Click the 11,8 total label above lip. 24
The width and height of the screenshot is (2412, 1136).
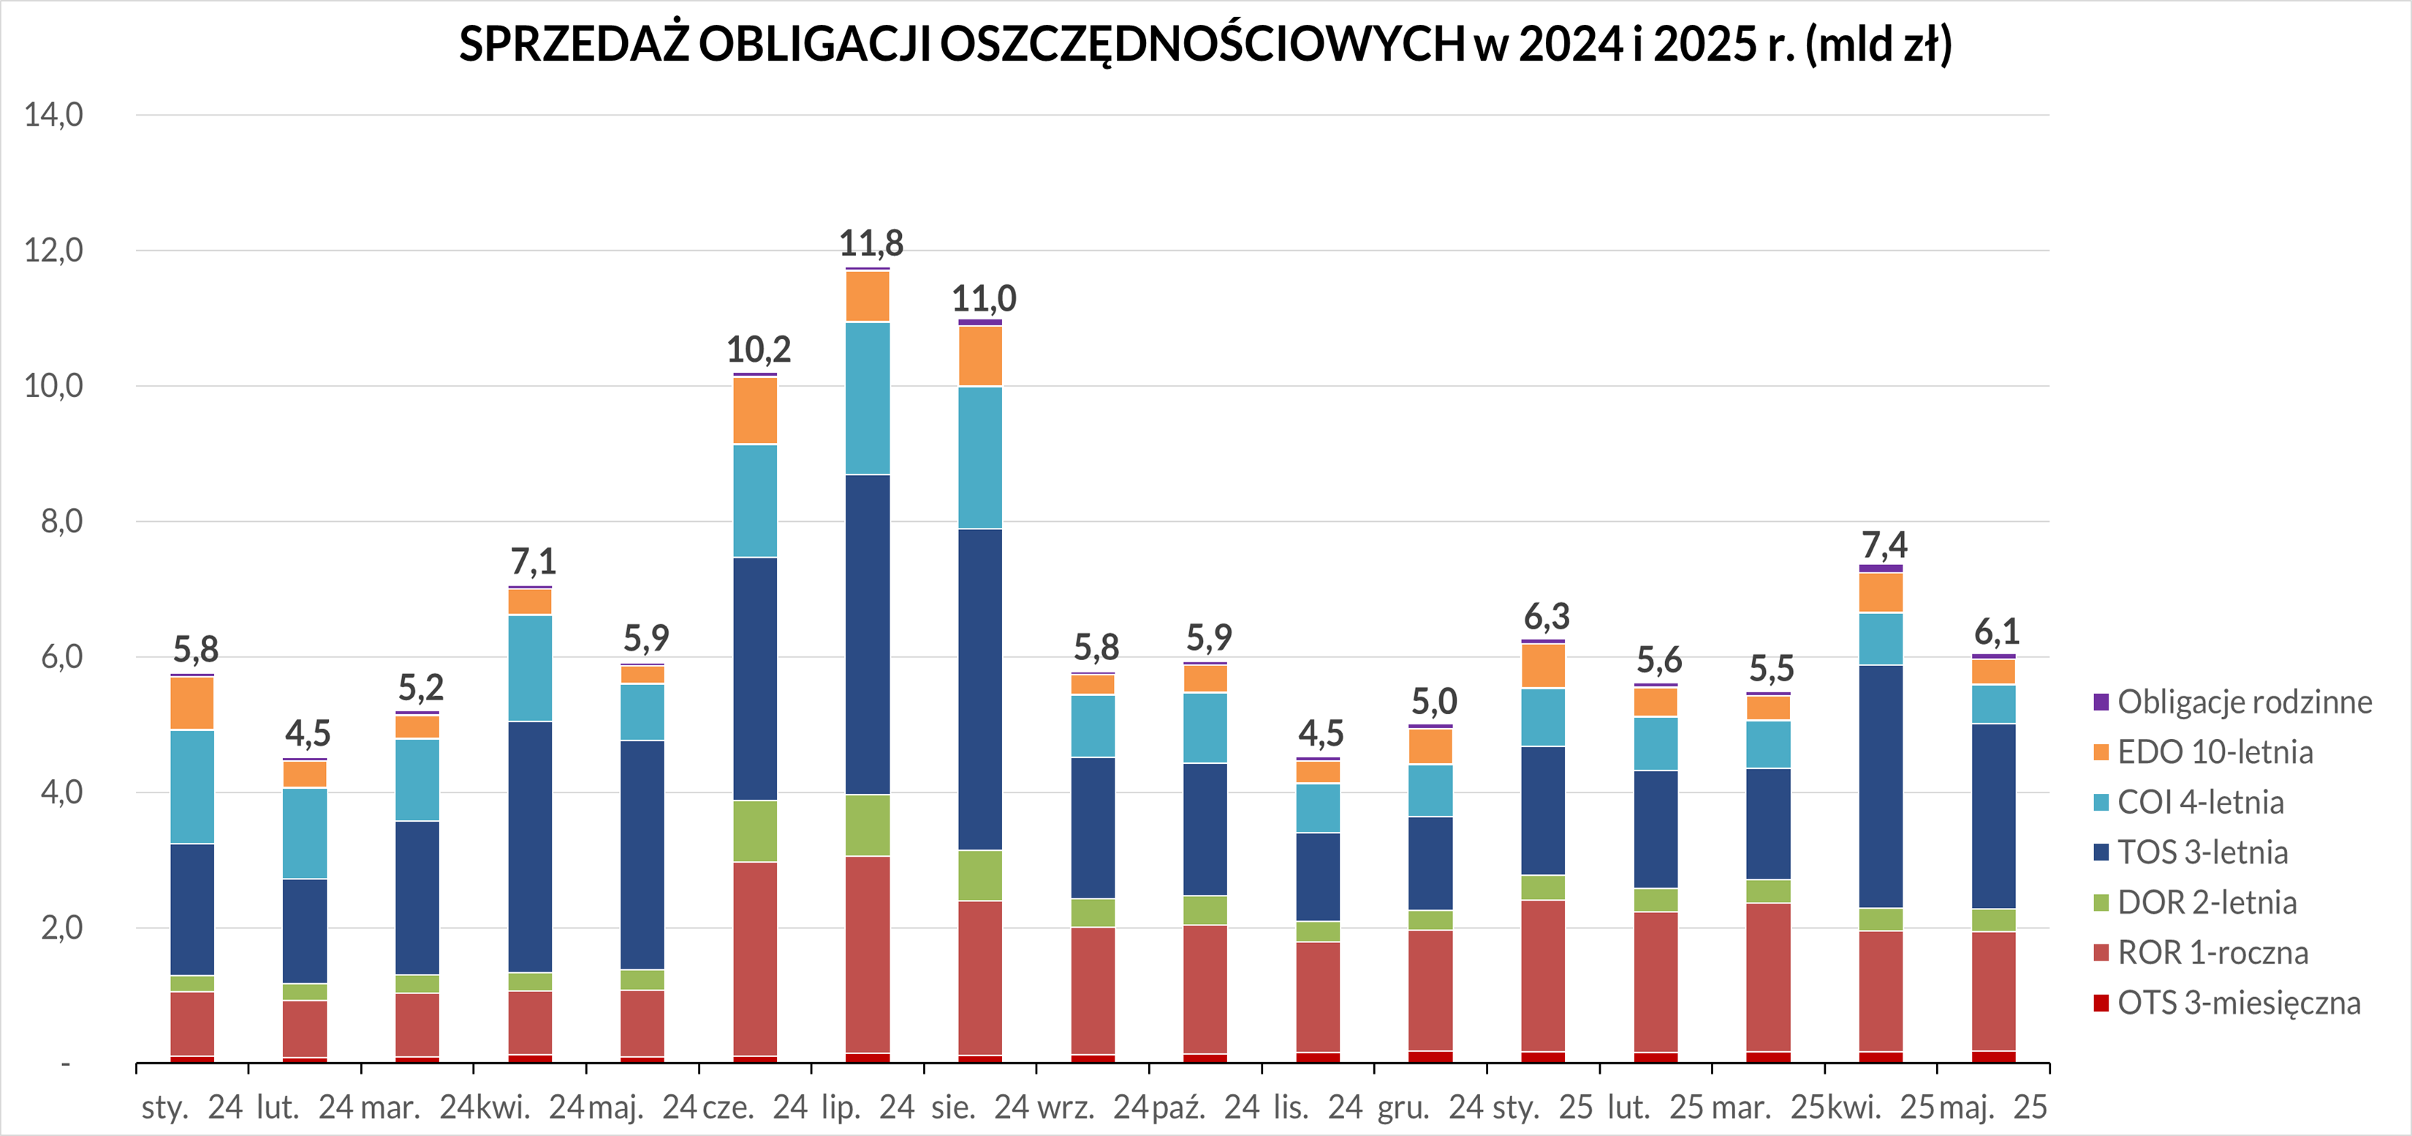pyautogui.click(x=871, y=243)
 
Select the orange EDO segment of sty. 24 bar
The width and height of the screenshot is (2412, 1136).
pyautogui.click(x=192, y=703)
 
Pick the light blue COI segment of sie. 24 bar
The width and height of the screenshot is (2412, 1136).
pyautogui.click(x=980, y=457)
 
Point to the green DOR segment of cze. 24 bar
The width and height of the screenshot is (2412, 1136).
pyautogui.click(x=755, y=830)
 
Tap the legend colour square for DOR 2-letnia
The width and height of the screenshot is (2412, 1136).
pyautogui.click(x=2101, y=903)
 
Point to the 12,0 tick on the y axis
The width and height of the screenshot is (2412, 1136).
pyautogui.click(x=53, y=250)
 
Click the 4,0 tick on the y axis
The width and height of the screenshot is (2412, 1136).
pyautogui.click(x=61, y=792)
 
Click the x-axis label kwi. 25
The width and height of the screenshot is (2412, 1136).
pyautogui.click(x=1881, y=1107)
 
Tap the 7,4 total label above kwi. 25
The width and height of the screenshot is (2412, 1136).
pyautogui.click(x=1883, y=544)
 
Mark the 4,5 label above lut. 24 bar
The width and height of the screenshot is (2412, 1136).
pyautogui.click(x=308, y=732)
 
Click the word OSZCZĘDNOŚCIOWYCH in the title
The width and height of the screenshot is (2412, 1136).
pyautogui.click(x=1202, y=44)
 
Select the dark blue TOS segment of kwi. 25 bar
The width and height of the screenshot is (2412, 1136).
pyautogui.click(x=1881, y=786)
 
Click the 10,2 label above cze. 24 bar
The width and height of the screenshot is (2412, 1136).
pyautogui.click(x=759, y=349)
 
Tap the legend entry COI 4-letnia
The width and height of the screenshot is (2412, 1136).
pyautogui.click(x=2200, y=803)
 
